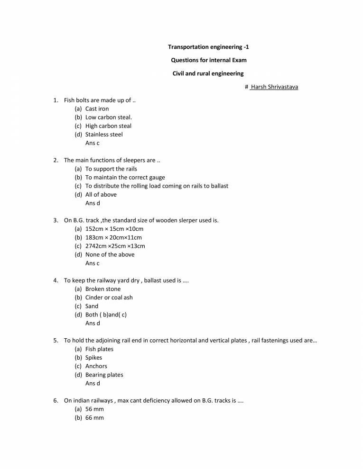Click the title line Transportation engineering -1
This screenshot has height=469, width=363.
click(x=208, y=47)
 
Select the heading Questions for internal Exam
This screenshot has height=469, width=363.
click(x=208, y=60)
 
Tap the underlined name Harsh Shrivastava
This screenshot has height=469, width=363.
click(x=274, y=87)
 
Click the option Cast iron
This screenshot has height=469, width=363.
click(x=97, y=108)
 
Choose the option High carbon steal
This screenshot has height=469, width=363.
click(x=108, y=126)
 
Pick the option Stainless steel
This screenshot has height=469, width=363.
click(x=104, y=134)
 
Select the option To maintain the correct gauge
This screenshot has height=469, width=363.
click(x=125, y=177)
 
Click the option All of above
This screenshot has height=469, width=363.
click(x=101, y=194)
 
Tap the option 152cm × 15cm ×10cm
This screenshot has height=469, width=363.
click(x=114, y=229)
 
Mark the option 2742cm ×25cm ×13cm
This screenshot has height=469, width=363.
click(x=115, y=246)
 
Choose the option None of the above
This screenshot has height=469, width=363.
click(x=110, y=254)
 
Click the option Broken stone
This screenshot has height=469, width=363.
click(x=103, y=289)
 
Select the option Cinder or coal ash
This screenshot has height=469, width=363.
click(x=109, y=298)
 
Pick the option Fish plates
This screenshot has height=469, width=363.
click(x=99, y=349)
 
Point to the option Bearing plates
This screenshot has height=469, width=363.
click(x=104, y=375)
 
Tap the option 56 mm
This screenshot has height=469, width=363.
click(x=94, y=409)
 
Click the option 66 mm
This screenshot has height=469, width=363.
click(x=94, y=418)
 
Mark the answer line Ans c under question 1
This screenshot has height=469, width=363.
click(x=93, y=143)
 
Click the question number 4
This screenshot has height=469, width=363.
click(x=56, y=280)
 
